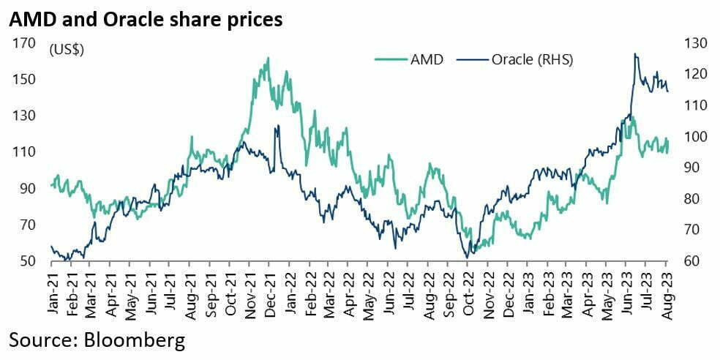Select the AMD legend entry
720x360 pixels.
point(409,60)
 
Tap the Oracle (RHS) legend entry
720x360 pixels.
point(515,60)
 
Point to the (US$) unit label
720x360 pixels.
point(67,50)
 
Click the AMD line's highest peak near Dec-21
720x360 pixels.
point(268,58)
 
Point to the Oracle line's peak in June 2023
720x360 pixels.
point(635,53)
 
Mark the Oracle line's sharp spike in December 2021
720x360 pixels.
point(277,126)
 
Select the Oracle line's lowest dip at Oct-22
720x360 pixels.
point(467,257)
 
